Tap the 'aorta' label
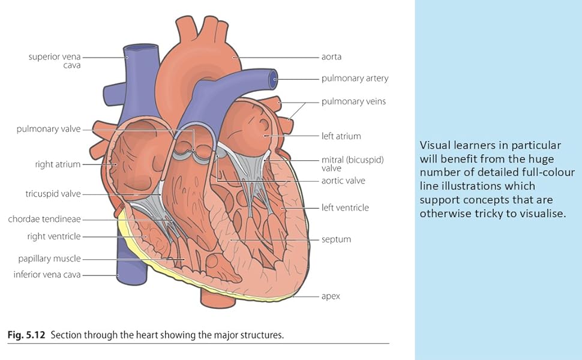[331, 57]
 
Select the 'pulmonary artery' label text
[355, 78]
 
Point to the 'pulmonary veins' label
[353, 101]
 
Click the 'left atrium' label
[341, 136]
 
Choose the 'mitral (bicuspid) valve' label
[352, 164]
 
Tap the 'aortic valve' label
[343, 181]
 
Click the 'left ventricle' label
[345, 208]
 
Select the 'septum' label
[336, 239]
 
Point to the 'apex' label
[331, 296]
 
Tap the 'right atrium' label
[58, 164]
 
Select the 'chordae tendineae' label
[44, 220]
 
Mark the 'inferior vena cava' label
[47, 275]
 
